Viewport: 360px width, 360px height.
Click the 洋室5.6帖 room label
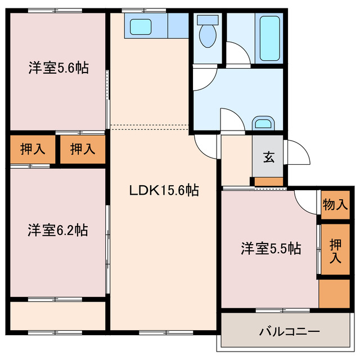[58, 69]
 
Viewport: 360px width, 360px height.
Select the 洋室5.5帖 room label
[271, 248]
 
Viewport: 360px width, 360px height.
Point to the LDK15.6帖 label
[164, 190]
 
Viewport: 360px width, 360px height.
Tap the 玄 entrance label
[268, 157]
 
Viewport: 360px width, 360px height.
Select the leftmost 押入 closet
[33, 150]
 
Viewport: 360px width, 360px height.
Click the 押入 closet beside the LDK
[83, 150]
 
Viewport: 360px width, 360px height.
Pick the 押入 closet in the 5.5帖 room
[335, 250]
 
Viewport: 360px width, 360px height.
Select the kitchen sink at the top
[139, 26]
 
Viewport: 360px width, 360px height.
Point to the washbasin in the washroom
[262, 124]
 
